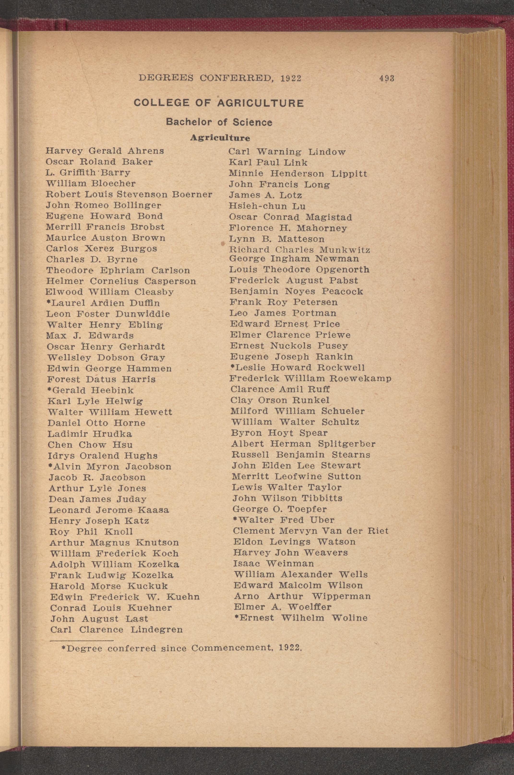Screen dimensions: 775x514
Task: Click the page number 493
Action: [387, 78]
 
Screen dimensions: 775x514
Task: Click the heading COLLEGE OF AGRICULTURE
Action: [219, 103]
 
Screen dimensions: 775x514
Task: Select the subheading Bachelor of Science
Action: [219, 122]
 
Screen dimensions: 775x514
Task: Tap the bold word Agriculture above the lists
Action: [220, 138]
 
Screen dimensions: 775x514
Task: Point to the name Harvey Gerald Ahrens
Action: [105, 151]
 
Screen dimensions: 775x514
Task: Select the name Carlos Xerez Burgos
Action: [101, 249]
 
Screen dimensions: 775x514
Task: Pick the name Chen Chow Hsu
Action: [90, 445]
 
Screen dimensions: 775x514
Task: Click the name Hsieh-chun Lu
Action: [267, 206]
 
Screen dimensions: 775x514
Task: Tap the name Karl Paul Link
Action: [268, 162]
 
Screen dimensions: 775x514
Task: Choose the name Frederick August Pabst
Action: [294, 281]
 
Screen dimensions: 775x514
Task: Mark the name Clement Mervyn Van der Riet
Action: [311, 531]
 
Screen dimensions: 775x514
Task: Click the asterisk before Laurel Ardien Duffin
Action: [48, 302]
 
